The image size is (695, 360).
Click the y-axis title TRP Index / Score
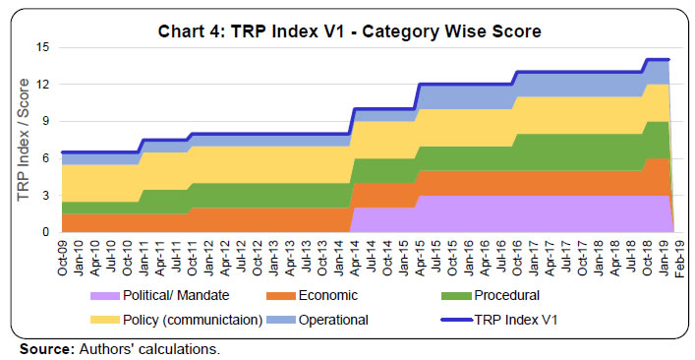[x=24, y=140]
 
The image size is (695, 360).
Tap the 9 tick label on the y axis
[x=45, y=121]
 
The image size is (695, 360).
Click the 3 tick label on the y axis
[x=45, y=196]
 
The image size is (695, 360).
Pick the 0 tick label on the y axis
[x=45, y=233]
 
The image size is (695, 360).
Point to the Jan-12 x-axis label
[x=209, y=258]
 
